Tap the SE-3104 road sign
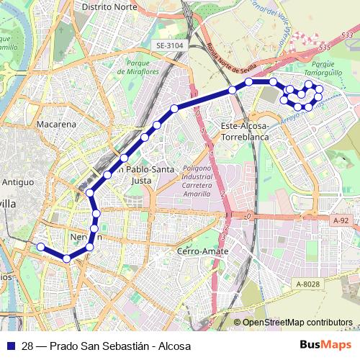click(170, 45)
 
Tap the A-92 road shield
click(341, 220)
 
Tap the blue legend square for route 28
click(9, 346)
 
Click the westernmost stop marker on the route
click(40, 247)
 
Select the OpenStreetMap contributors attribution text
click(297, 323)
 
